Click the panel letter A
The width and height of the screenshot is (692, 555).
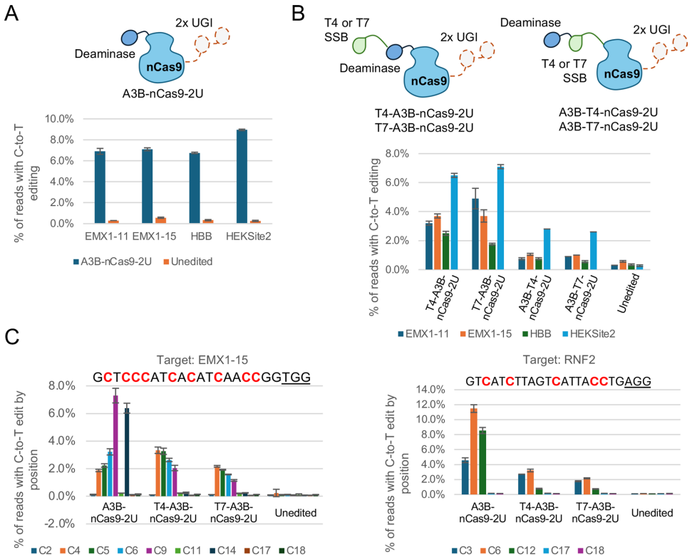tap(12, 14)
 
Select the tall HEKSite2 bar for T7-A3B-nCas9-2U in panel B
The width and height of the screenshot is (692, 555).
tap(500, 218)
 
